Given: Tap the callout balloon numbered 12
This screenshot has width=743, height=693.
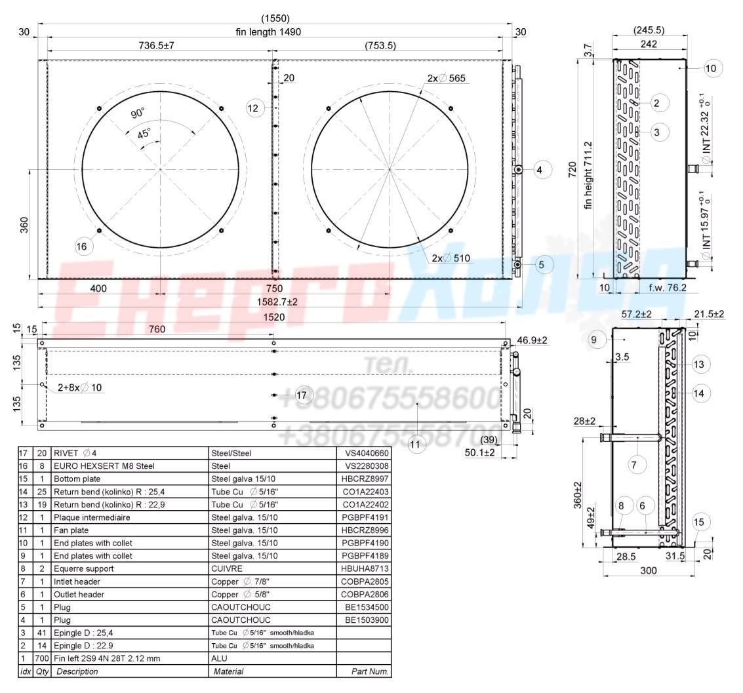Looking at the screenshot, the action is point(253,108).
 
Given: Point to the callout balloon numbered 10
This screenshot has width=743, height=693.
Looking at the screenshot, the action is point(711,68).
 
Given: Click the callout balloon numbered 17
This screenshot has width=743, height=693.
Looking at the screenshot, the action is point(302,395).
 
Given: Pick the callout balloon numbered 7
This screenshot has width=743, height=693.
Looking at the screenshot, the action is point(634,465).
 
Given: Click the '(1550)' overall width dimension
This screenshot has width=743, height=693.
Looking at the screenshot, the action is point(275,18).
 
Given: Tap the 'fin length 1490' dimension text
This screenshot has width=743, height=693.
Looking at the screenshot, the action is point(268,31).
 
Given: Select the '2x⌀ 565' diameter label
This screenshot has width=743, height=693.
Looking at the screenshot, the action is point(447,78).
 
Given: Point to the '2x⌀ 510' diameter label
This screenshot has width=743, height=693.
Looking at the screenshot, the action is point(451,258).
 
